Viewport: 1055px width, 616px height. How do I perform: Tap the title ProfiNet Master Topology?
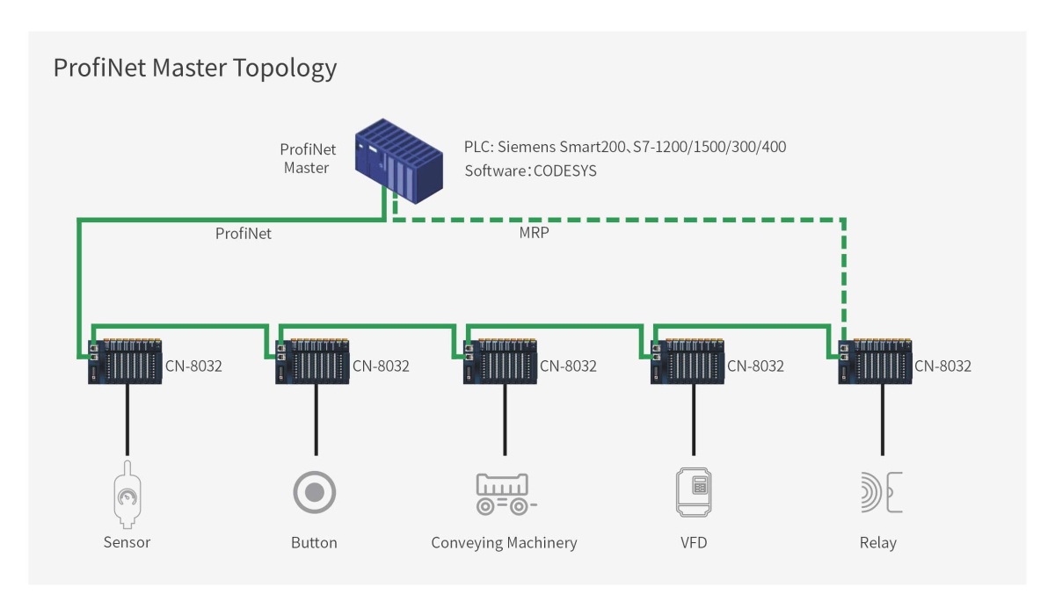coord(194,69)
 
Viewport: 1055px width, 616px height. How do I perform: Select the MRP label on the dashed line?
coord(535,234)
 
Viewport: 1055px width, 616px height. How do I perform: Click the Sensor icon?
coord(127,496)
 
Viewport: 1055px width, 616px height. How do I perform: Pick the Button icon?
coord(314,492)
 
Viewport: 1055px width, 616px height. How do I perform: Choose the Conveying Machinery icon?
coord(505,494)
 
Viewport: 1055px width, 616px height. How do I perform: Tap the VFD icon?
coord(693,492)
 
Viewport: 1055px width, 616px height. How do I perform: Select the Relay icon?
coord(880,492)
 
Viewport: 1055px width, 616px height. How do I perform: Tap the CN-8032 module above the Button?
coord(313,361)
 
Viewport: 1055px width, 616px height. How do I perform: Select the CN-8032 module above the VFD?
coord(688,361)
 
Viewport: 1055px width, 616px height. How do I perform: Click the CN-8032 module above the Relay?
coord(876,361)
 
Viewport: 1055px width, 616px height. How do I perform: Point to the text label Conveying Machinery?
coord(504,543)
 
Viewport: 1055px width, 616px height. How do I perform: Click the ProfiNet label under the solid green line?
coord(244,234)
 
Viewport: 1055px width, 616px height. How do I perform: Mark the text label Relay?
coord(878,543)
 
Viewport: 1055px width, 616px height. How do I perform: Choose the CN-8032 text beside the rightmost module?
coord(942,366)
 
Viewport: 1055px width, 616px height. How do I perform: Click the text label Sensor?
coord(127,543)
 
